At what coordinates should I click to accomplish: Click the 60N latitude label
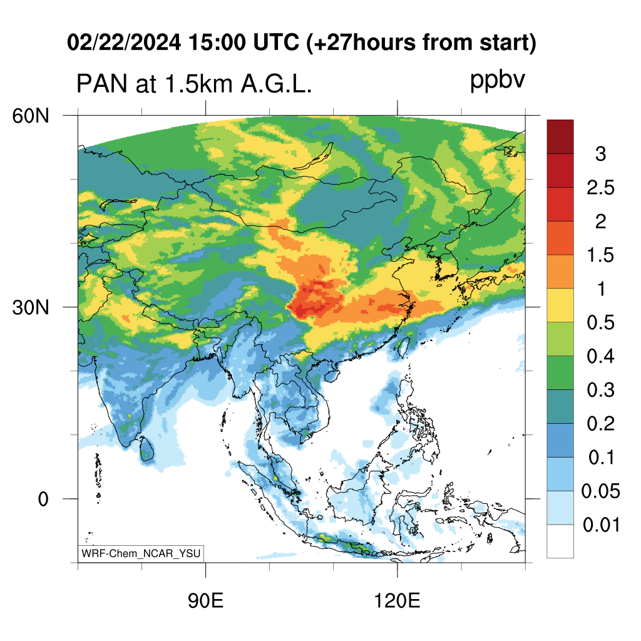pos(31,116)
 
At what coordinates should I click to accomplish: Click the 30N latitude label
pos(31,307)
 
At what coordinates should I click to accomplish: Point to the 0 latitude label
pos(43,499)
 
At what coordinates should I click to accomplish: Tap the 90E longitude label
pos(205,601)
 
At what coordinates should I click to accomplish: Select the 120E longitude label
pos(397,601)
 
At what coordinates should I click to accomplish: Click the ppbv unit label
pos(498,81)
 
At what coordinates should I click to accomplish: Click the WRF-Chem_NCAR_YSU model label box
pos(141,553)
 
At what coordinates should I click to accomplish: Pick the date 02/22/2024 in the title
pos(124,43)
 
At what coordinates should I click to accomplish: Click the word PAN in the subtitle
pos(102,85)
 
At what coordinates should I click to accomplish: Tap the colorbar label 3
pos(600,154)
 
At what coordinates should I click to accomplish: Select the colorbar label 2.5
pos(600,188)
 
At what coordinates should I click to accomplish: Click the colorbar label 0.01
pos(601,525)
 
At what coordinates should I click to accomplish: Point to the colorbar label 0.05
pos(600,491)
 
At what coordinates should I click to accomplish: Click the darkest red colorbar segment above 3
pos(560,136)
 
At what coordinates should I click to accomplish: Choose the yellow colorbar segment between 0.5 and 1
pos(560,305)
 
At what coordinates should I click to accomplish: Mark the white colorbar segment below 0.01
pos(560,541)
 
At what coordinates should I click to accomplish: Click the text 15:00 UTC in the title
pos(244,43)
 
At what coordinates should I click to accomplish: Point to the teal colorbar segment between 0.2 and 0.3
pos(560,406)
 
